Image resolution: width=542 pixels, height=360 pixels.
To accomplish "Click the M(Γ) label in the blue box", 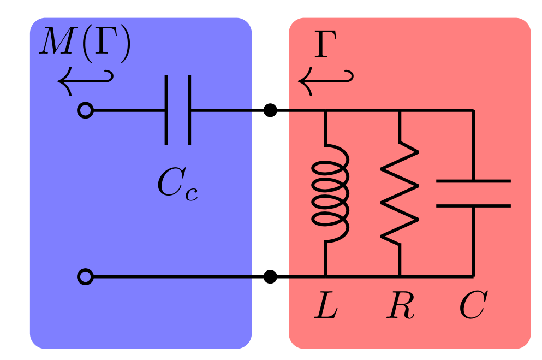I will click(85, 45).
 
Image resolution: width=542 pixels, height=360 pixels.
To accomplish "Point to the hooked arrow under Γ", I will click(325, 81).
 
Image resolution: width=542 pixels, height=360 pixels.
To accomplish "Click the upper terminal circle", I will click(85, 111).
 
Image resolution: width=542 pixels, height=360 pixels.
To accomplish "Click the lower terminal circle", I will click(85, 277).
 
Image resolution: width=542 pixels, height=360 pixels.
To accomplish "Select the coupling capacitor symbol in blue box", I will click(178, 110).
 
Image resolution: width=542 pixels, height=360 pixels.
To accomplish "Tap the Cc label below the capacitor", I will click(177, 184).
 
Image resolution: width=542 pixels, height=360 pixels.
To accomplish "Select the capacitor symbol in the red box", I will click(473, 193).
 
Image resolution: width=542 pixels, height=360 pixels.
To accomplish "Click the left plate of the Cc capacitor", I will click(166, 110).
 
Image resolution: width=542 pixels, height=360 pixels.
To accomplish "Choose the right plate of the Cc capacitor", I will click(189, 110).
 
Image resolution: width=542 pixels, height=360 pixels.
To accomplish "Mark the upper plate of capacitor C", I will click(473, 181).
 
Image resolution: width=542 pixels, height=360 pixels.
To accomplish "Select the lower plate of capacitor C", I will click(473, 206).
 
